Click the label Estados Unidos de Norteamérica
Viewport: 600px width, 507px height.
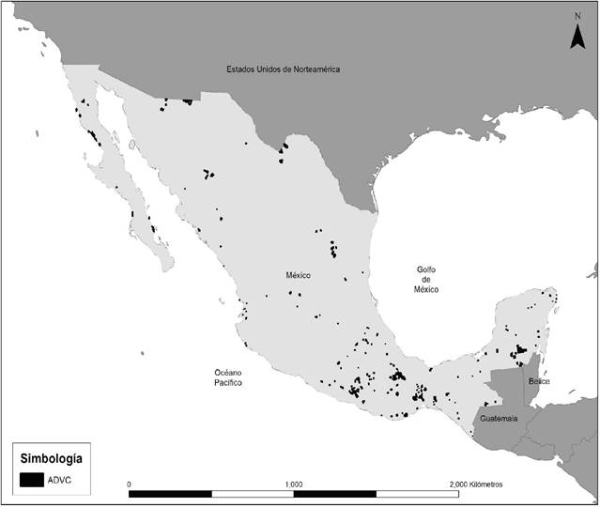[282, 69]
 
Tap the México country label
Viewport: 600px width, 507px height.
[299, 275]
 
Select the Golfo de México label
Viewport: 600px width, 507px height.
[427, 280]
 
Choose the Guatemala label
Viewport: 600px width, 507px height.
[497, 418]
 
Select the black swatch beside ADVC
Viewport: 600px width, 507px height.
[33, 481]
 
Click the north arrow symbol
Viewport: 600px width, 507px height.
[579, 36]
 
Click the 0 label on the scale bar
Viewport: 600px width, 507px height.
[129, 484]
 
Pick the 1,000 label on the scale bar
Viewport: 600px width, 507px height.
[293, 484]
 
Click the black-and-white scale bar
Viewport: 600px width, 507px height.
[293, 493]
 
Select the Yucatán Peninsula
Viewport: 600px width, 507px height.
[526, 324]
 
